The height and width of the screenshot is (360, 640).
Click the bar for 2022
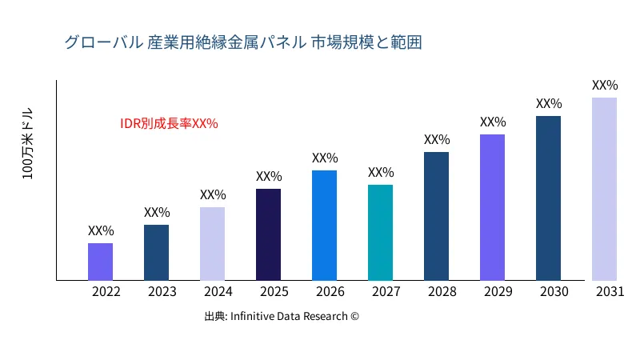(100, 262)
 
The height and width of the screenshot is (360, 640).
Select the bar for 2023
(156, 253)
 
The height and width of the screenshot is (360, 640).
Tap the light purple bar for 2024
(212, 244)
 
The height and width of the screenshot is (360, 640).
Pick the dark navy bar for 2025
(268, 234)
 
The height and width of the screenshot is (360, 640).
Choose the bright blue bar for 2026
(324, 226)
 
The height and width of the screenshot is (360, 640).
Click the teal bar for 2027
(380, 233)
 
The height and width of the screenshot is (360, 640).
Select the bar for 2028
(436, 216)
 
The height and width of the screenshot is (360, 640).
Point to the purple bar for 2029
(492, 207)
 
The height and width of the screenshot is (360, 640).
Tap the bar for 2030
(548, 198)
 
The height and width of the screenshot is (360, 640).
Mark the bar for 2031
(604, 189)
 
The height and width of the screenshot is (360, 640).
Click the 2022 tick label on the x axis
(106, 292)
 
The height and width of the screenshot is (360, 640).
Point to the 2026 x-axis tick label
(330, 292)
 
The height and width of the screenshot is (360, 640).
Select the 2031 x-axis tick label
(610, 292)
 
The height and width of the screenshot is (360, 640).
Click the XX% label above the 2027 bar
(381, 173)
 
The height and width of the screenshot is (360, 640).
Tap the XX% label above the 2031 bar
(605, 86)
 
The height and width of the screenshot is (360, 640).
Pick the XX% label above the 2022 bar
(101, 231)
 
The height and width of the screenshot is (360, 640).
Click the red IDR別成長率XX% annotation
(169, 124)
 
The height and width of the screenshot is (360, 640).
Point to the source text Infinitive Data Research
(282, 317)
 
